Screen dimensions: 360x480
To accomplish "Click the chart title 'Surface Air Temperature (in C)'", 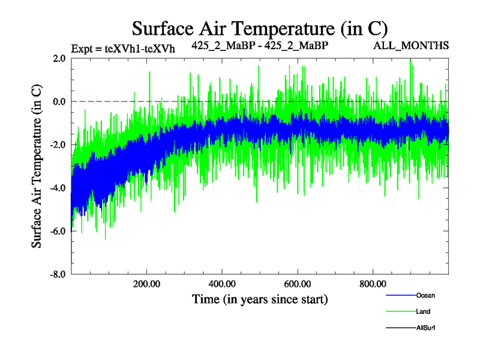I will point(260,28).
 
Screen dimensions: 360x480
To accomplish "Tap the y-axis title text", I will point(37,166).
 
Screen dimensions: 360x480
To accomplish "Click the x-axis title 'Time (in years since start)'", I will point(260,298).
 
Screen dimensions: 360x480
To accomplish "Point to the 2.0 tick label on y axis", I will point(59,58).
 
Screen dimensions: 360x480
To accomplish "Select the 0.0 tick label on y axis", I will point(59,101).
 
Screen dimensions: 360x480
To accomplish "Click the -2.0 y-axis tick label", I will point(58,145).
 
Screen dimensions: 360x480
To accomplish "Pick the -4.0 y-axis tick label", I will point(58,188).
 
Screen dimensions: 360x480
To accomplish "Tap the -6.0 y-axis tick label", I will point(58,231).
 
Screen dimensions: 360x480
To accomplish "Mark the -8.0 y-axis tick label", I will point(58,274).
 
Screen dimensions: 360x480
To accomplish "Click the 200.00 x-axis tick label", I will point(146,284).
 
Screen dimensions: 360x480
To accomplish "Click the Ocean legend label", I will point(425,295).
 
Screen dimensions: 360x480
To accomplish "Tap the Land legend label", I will point(423,311).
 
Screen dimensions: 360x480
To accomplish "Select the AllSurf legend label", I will point(425,328).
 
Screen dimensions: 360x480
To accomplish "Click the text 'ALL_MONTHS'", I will point(411,46).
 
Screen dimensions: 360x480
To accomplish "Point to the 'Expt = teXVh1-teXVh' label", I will point(122,49).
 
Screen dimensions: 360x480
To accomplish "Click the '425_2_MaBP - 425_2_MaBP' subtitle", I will point(260,46).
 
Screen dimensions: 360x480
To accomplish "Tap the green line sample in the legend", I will point(398,311).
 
